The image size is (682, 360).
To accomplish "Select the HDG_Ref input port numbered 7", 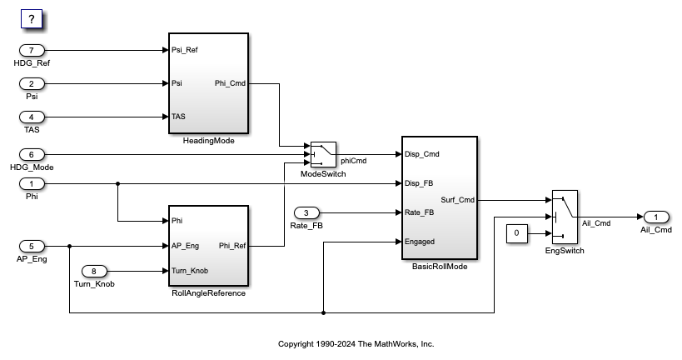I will (x=32, y=50).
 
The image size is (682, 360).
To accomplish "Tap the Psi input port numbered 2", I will (x=32, y=83).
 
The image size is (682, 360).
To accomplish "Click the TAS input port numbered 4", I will (x=32, y=117).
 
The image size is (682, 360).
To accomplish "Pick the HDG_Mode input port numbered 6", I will (x=32, y=154).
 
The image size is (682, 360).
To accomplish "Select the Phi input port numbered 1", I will (x=32, y=183).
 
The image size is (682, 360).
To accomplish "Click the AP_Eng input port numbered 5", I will (x=32, y=246).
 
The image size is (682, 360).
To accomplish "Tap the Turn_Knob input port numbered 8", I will (x=98, y=271).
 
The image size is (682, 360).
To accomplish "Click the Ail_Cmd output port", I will (x=655, y=217).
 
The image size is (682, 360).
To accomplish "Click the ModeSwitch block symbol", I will (x=323, y=154).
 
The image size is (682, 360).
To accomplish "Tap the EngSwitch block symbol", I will (x=565, y=217).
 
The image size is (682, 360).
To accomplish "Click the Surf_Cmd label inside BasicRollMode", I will (x=458, y=200).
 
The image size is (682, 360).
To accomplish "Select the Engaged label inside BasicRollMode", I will (x=419, y=242).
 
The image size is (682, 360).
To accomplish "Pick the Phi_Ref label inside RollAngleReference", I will (x=231, y=246).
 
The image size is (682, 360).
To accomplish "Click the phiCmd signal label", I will (x=354, y=161).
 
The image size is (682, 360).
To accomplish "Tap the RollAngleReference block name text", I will (x=207, y=293).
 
